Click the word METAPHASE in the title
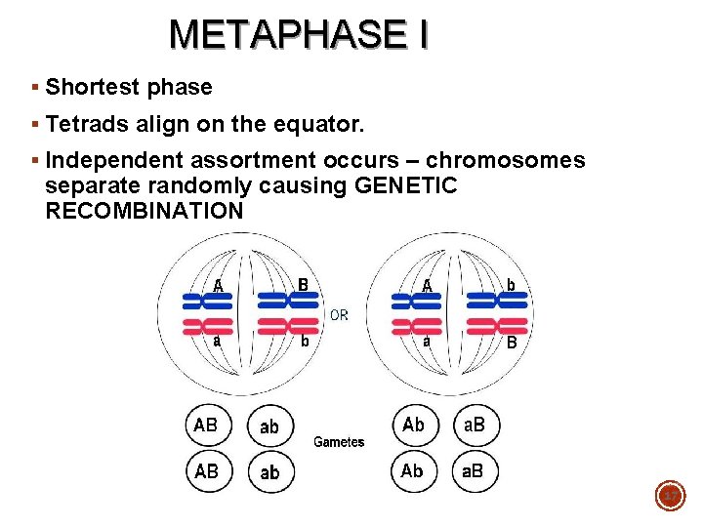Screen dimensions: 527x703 pos(282,35)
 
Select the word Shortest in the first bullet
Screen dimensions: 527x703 pos(95,87)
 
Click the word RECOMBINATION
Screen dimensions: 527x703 pos(145,211)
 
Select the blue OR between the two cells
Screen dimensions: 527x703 pos(339,315)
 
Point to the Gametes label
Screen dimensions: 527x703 pos(339,442)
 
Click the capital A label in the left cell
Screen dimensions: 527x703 pos(220,285)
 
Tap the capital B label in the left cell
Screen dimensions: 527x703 pos(304,284)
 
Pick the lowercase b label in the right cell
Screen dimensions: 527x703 pos(511,284)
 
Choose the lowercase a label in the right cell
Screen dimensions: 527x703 pos(427,343)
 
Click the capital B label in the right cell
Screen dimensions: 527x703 pos(512,344)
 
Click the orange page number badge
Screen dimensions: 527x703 pos(671,497)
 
